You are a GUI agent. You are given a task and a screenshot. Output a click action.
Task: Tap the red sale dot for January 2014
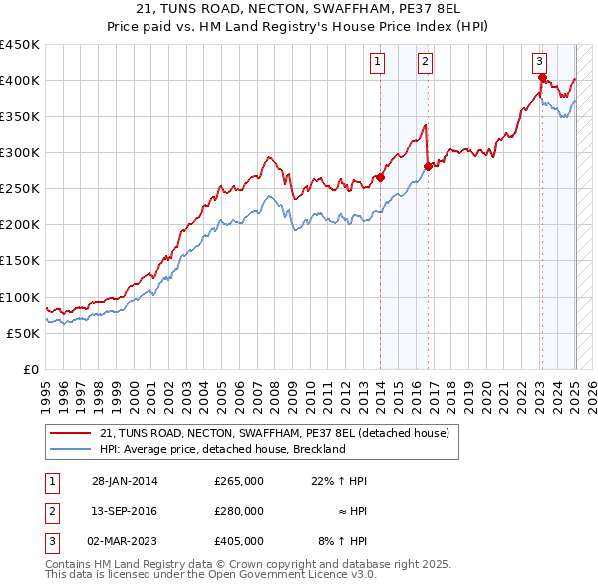point(380,178)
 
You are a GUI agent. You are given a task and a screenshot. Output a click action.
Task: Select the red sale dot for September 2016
point(428,167)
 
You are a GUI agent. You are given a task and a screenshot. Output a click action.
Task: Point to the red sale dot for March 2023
point(542,77)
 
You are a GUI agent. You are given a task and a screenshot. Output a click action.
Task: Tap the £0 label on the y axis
point(30,370)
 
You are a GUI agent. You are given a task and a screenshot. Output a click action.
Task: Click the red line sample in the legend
point(69,433)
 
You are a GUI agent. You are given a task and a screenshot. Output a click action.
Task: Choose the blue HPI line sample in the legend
point(69,449)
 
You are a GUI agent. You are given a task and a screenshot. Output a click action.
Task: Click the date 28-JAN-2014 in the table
point(125,481)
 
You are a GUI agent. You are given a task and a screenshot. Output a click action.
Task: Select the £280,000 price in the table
point(238,511)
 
